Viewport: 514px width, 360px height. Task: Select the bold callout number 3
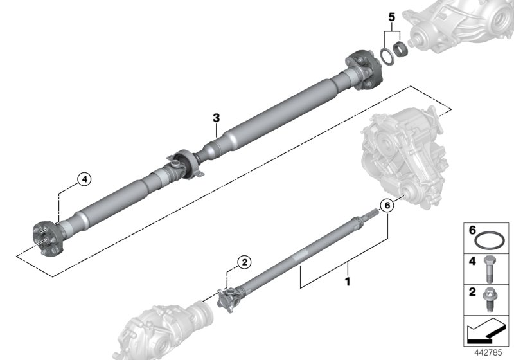pyautogui.click(x=217, y=118)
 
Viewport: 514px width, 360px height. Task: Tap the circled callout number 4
pyautogui.click(x=84, y=179)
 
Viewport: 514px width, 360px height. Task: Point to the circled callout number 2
pyautogui.click(x=244, y=262)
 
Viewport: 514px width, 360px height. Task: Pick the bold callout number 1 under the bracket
pyautogui.click(x=348, y=281)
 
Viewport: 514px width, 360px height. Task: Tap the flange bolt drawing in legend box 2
pyautogui.click(x=490, y=299)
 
